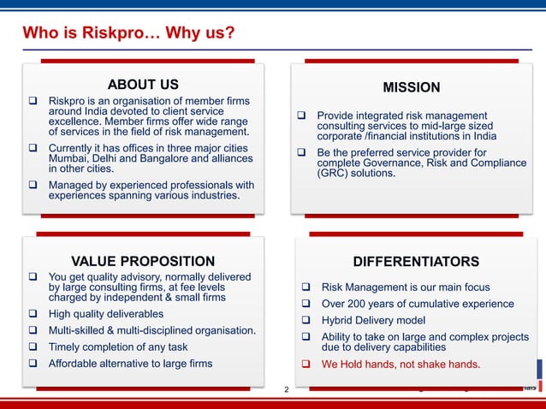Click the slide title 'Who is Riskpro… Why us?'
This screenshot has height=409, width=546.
coord(128,34)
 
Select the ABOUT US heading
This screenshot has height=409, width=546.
coord(143,84)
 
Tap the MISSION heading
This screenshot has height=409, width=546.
coord(412,87)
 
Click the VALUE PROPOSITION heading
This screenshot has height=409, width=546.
coord(143,261)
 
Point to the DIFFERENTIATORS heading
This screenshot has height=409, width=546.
coord(416,261)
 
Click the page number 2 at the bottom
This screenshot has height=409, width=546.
coord(287,389)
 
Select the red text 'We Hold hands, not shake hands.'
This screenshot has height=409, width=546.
coord(401,365)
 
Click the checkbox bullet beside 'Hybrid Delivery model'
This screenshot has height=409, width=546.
coord(304,321)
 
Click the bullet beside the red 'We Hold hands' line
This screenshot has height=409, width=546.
coord(304,365)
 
